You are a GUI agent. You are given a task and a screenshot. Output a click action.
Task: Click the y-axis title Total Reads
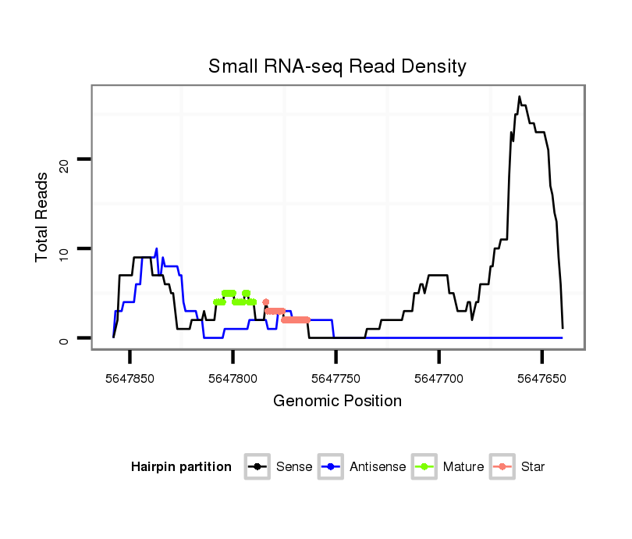point(43,216)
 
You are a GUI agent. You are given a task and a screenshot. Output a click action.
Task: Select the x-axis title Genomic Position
point(337,402)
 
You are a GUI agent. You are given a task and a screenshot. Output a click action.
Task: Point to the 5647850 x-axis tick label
point(130,379)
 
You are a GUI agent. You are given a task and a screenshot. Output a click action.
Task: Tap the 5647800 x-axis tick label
point(233,379)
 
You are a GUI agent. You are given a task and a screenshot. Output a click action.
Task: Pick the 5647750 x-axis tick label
point(336,379)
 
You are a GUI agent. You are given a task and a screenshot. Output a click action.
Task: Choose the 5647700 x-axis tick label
point(439,379)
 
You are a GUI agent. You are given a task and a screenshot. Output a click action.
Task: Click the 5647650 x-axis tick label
point(541,379)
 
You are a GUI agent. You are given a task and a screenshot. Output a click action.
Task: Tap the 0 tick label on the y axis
point(66,338)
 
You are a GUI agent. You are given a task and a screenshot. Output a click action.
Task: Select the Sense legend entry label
point(294,467)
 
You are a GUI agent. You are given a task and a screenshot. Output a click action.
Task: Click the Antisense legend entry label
point(378,467)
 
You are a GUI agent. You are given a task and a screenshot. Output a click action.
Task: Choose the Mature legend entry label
point(463,467)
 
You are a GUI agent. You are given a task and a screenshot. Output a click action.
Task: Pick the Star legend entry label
point(533,467)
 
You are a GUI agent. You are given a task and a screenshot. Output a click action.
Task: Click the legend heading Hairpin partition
point(181,467)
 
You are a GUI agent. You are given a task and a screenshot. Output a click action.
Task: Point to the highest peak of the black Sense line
point(520,97)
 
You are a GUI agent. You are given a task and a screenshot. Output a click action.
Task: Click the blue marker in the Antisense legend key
point(331,467)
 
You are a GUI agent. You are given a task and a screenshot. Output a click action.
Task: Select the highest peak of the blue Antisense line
point(157,249)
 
